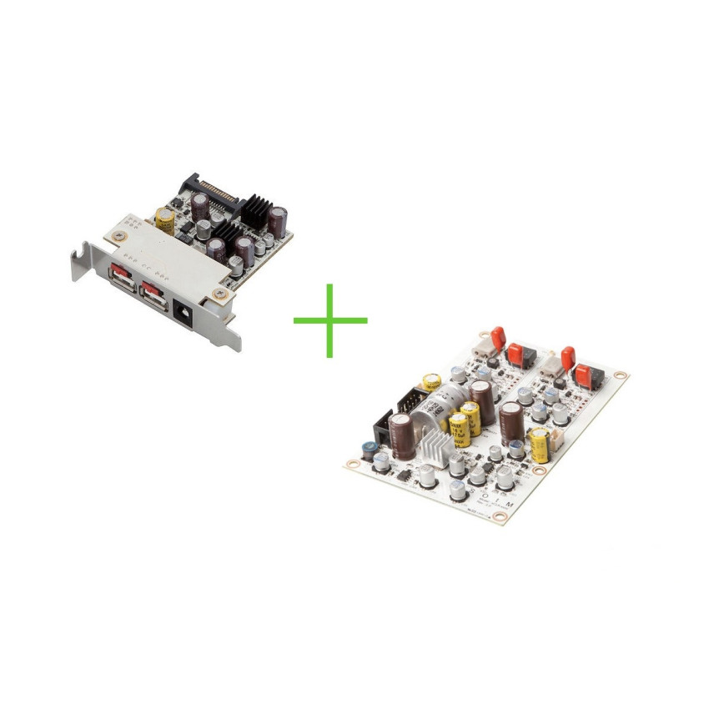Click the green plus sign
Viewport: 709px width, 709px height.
330,320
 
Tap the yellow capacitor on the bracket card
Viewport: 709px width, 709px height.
165,220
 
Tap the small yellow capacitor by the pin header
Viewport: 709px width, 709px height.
431,381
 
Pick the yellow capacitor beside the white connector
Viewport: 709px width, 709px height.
540,445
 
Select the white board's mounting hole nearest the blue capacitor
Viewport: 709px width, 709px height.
349,461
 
